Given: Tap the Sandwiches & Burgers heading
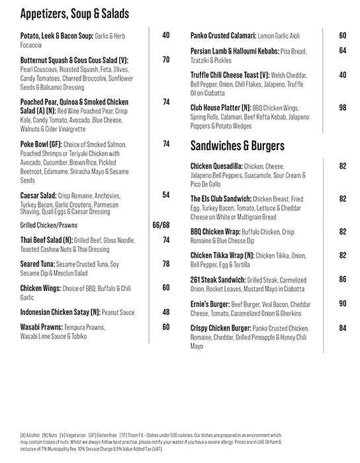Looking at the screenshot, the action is (237, 145).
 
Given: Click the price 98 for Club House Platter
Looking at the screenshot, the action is (342, 107).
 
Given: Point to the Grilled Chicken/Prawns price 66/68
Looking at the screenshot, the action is (161, 226).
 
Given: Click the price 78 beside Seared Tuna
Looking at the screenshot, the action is (166, 264).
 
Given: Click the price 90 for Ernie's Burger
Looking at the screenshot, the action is (342, 304).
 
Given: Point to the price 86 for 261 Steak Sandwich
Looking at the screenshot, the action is (342, 279).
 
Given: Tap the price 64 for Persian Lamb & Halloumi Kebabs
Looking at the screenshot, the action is (342, 50).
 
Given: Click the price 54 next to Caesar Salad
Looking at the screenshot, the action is (166, 195).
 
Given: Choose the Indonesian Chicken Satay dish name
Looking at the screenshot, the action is (60, 311).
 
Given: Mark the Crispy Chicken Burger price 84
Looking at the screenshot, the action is (342, 328).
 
